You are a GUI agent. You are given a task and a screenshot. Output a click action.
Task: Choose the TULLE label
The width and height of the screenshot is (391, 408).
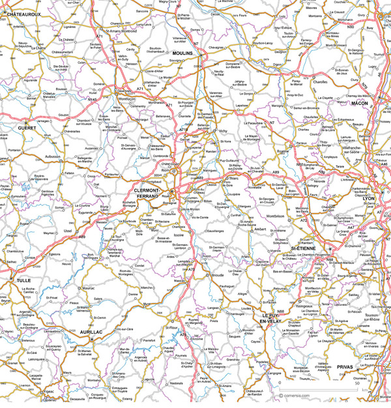[23, 280]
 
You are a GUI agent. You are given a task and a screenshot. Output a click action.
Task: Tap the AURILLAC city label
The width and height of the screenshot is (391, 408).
[92, 332]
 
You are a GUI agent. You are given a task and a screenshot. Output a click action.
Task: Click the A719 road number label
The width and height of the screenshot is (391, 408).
[184, 130]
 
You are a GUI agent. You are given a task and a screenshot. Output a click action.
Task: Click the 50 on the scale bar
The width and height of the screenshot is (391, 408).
[368, 388]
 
